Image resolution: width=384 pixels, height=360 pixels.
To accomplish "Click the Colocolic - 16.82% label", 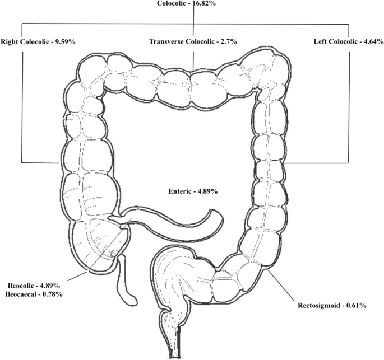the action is click(x=192, y=3).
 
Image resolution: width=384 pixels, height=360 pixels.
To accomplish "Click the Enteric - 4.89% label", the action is click(x=193, y=191).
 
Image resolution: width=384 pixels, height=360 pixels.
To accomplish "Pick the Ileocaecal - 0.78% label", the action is click(x=35, y=294).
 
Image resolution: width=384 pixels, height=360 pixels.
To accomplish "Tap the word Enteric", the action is click(x=180, y=191).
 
